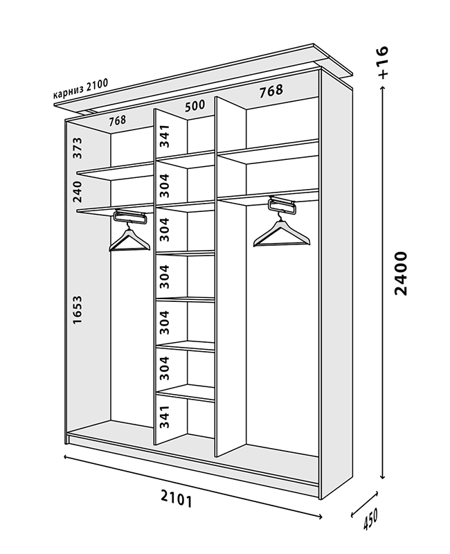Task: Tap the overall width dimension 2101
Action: pyautogui.click(x=176, y=498)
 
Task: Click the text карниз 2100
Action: pyautogui.click(x=80, y=92)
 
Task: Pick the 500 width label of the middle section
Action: pyautogui.click(x=196, y=107)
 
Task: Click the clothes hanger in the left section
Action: pyautogui.click(x=129, y=239)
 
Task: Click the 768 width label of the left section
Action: pyautogui.click(x=118, y=120)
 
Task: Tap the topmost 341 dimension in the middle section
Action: pyautogui.click(x=164, y=136)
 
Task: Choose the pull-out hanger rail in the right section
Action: pyautogui.click(x=282, y=204)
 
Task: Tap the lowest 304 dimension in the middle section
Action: pyautogui.click(x=164, y=369)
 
